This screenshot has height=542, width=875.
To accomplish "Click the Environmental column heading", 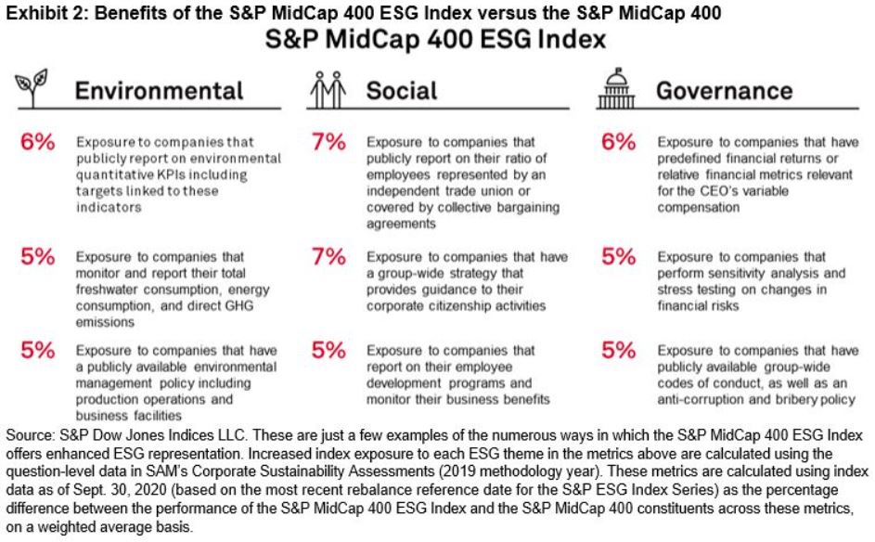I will tap(159, 91).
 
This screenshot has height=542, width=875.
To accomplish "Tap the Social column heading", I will tap(401, 91).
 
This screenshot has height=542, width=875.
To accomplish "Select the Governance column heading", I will tap(724, 91).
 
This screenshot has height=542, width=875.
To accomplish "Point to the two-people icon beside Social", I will tap(326, 89).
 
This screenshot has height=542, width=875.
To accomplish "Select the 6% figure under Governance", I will tap(617, 143).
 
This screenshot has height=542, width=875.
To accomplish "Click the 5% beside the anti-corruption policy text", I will tap(617, 351).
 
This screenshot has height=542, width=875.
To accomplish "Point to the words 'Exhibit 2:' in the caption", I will tap(33, 11).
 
